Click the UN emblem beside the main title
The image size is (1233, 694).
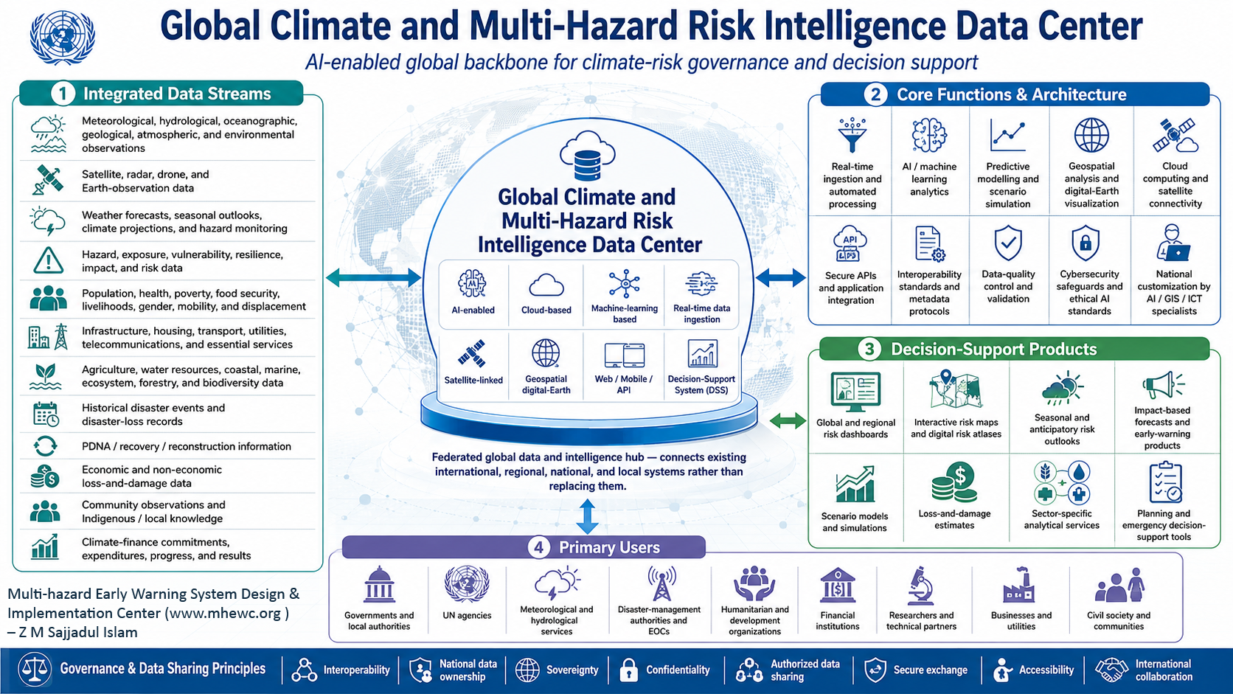coord(62,38)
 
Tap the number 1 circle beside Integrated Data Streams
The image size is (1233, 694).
coord(63,94)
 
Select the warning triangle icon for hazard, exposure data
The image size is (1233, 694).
coord(48,260)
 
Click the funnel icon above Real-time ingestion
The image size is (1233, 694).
coord(852,134)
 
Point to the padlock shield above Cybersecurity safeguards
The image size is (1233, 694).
coord(1086,242)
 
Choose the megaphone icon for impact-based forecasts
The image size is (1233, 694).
coord(1162,384)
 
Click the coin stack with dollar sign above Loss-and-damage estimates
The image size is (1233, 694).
coord(954,482)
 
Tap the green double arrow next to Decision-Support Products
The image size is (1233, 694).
coord(788,422)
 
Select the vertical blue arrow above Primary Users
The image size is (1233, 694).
coord(587,516)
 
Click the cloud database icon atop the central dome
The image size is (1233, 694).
coord(587,156)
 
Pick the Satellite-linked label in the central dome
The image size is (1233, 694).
coord(473,380)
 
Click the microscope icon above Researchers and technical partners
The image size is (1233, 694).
coord(920,586)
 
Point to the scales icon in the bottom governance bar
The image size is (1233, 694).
coord(34,669)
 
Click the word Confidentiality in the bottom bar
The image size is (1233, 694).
coord(678,670)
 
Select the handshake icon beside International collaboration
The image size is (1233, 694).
coord(1111,670)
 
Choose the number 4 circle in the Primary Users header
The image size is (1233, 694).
coord(539,548)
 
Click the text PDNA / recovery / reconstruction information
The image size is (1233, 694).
coord(187,446)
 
